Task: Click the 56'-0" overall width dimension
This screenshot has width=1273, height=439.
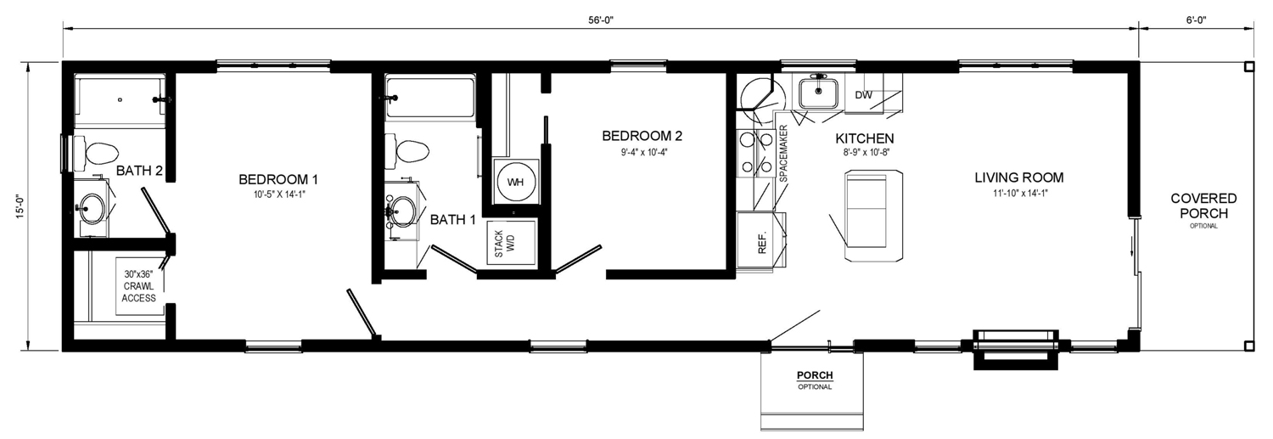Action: click(x=601, y=20)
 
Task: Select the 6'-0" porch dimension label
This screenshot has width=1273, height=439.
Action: click(x=1196, y=20)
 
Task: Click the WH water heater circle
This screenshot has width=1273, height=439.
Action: click(x=515, y=182)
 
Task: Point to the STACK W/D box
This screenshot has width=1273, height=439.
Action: click(x=511, y=243)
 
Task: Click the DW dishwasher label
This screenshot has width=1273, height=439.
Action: click(x=863, y=95)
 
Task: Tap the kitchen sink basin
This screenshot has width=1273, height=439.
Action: click(x=818, y=93)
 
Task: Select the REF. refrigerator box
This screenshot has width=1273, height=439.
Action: click(x=761, y=240)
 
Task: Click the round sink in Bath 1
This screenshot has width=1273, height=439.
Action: click(x=402, y=211)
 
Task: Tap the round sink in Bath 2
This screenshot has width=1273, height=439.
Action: click(x=92, y=209)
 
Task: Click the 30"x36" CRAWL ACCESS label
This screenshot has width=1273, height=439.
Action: click(x=138, y=286)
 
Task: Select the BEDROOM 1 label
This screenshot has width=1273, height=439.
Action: click(x=278, y=180)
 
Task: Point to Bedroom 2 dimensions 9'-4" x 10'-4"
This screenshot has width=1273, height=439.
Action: click(x=644, y=152)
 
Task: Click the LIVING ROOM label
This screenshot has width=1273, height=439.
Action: click(x=1019, y=177)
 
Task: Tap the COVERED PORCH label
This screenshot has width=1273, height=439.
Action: click(x=1203, y=205)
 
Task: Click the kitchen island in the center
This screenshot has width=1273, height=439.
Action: click(x=874, y=215)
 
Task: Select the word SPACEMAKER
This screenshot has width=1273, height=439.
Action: click(x=783, y=154)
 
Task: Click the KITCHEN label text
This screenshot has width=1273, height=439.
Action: click(x=865, y=138)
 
